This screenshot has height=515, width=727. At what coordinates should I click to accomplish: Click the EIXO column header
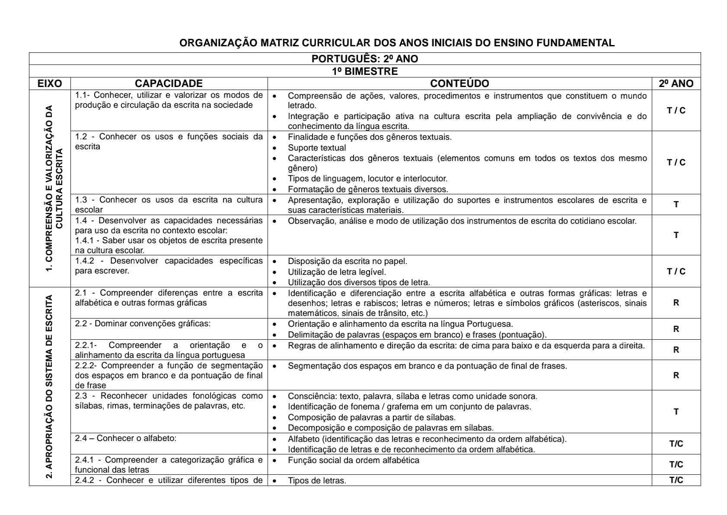50,84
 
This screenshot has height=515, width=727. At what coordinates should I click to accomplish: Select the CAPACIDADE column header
169,84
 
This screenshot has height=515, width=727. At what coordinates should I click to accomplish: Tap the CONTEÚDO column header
459,84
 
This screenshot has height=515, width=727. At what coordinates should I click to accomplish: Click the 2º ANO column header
676,84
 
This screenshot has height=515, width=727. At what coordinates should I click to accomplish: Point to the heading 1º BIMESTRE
365,71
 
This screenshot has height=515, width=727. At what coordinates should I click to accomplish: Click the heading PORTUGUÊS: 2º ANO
365,59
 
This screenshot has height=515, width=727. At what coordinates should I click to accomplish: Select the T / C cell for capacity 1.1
676,110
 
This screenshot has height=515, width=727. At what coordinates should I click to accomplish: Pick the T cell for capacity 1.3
676,204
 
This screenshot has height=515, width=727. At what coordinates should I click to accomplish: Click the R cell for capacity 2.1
676,303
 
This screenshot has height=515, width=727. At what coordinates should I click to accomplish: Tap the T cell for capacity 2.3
676,412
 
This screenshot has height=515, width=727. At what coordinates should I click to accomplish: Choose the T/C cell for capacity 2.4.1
676,464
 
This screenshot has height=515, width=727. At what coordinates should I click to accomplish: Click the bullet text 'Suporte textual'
317,148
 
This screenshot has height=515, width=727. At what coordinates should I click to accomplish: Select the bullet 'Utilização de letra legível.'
337,272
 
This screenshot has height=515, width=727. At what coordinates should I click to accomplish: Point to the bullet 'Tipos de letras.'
317,480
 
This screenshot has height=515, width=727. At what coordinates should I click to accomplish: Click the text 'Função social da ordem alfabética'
353,460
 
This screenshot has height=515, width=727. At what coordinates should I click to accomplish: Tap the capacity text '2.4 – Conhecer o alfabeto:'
126,438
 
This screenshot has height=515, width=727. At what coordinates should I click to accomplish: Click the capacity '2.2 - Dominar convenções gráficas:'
143,324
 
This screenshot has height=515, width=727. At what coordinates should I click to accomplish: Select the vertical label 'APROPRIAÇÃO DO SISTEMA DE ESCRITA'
49,386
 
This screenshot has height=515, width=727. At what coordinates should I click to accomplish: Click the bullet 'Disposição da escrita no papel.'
348,261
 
